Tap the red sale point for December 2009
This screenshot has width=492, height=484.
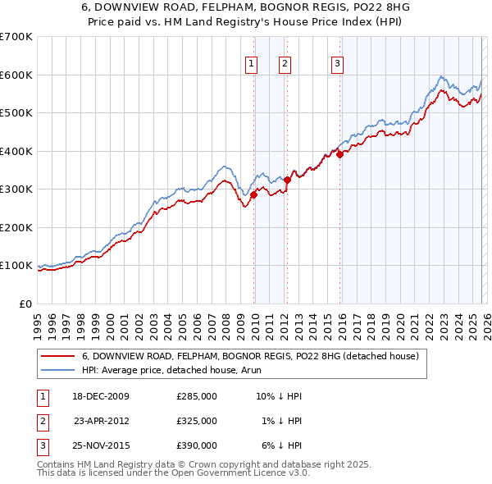[254, 194]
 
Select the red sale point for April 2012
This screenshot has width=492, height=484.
[287, 180]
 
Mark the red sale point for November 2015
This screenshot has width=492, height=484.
[339, 154]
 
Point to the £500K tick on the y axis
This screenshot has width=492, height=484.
[16, 113]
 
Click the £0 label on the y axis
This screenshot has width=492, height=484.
[25, 304]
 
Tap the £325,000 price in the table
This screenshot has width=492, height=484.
[197, 421]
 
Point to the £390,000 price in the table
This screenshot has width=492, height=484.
[197, 445]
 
